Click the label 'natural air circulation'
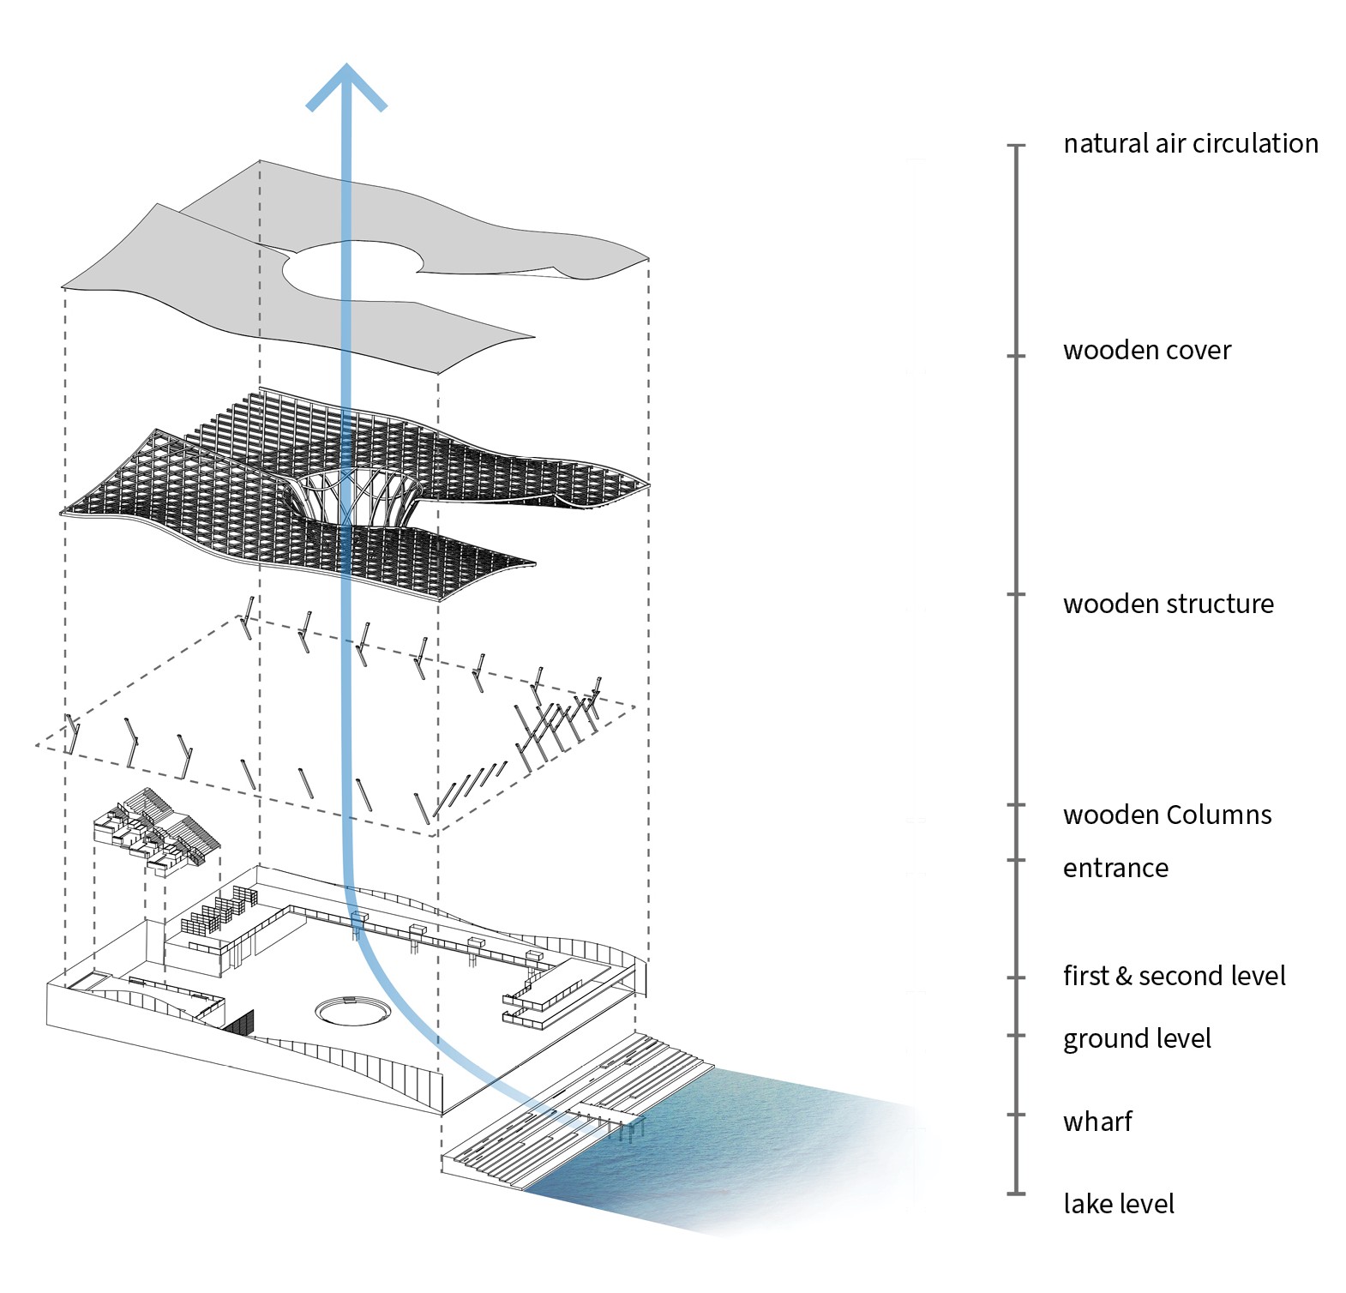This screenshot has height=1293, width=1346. tap(1190, 143)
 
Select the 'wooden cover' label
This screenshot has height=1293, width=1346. tap(1146, 350)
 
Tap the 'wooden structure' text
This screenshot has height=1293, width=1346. tap(1168, 604)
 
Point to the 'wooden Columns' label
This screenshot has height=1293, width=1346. tap(1167, 815)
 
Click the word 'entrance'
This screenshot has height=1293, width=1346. tap(1115, 868)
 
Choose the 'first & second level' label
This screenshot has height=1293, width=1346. tap(1174, 976)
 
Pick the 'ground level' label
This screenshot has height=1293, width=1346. tap(1136, 1038)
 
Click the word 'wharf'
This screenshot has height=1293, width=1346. tap(1097, 1122)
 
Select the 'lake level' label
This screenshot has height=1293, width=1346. tap(1118, 1204)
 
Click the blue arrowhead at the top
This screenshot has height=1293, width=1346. tap(346, 86)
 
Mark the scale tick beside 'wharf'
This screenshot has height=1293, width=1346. tap(1016, 1115)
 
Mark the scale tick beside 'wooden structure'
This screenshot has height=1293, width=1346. tap(1016, 594)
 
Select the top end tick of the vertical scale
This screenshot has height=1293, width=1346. tap(1016, 146)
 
